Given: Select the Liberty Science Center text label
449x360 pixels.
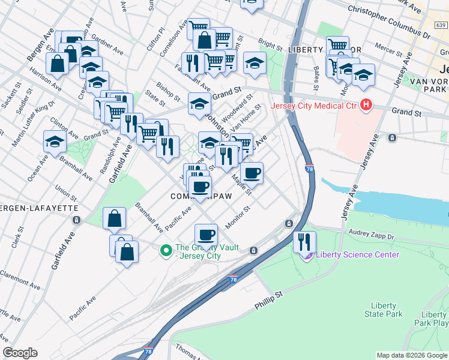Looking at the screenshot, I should [x=357, y=254].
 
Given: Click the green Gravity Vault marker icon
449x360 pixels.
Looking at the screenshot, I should [x=166, y=250].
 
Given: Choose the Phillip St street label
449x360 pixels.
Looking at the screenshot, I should [x=268, y=301].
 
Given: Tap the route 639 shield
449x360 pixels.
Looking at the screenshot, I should [x=441, y=25].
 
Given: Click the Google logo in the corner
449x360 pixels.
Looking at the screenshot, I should [x=20, y=353].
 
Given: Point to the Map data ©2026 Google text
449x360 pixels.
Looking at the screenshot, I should [x=411, y=355].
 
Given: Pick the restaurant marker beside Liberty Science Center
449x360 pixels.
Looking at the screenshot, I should [x=305, y=241].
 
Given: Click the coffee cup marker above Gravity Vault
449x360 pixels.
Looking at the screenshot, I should [x=206, y=234].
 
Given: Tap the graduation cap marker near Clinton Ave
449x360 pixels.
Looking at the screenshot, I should [x=55, y=142].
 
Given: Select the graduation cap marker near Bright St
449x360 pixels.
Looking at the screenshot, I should [x=255, y=64].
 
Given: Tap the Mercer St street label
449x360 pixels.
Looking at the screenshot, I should [x=387, y=46].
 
